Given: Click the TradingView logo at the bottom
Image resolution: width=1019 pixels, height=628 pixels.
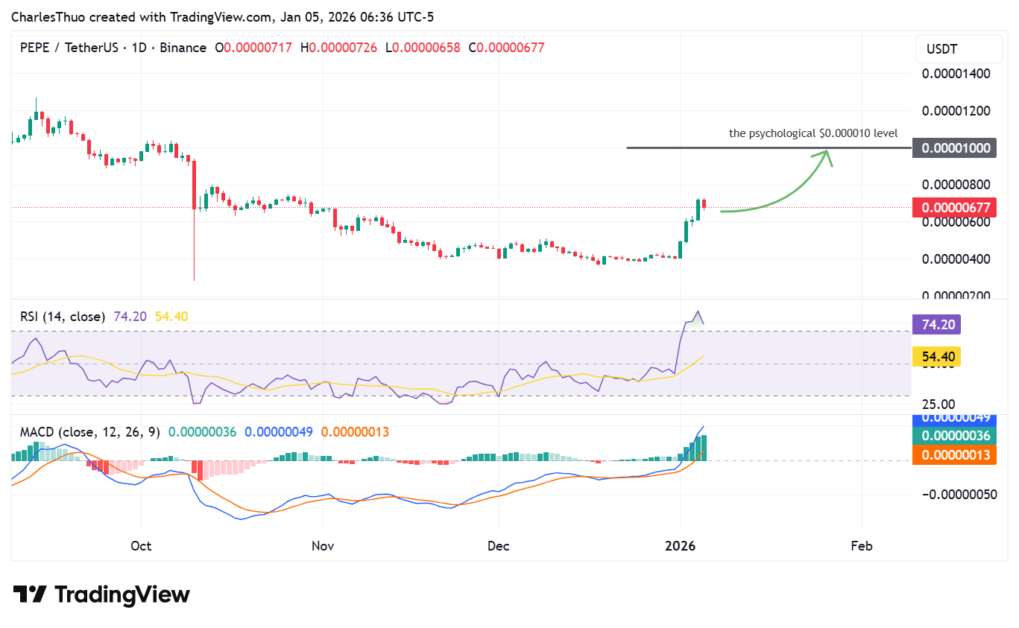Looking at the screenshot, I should point(101,594).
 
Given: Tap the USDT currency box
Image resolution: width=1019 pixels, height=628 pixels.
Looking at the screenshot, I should point(942,49).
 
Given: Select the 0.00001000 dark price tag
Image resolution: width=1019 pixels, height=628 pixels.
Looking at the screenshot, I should point(956,148).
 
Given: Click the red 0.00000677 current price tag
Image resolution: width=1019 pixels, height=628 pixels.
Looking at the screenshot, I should point(956,207).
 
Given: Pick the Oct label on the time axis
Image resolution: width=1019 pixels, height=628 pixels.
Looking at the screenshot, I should point(141,546).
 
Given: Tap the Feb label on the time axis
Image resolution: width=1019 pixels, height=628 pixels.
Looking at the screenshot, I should point(861,546).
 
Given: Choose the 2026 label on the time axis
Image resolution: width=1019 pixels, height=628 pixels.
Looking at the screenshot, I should point(680,546).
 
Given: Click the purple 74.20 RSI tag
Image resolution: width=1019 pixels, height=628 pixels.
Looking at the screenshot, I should point(936,325).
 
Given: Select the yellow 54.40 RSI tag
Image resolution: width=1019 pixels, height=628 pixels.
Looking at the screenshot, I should point(936,357).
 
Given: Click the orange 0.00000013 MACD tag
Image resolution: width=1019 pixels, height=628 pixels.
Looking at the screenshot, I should point(956,454).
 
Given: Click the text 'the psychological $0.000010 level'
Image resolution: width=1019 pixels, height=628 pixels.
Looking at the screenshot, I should point(813,133).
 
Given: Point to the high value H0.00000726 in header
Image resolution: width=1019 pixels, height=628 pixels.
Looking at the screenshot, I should point(342,48).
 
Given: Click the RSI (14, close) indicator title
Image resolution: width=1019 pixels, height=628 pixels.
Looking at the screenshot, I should point(63,317).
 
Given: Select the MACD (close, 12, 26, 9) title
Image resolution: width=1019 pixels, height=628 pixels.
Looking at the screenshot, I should point(90,432).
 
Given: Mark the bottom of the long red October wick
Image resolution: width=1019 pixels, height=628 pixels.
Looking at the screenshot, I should point(195,280).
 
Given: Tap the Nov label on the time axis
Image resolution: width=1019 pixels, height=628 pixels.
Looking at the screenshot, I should point(322,546).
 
